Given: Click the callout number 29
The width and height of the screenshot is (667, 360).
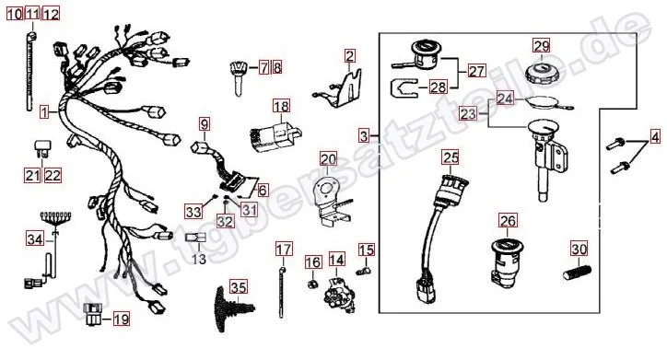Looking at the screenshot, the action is coord(542,45).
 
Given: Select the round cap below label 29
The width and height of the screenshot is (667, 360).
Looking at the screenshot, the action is coord(542,74).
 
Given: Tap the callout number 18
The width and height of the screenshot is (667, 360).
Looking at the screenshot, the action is coord(281,106).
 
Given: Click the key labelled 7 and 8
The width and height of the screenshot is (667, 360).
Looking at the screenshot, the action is coord(238,77).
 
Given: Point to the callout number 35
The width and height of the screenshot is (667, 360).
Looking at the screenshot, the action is coord(239,287).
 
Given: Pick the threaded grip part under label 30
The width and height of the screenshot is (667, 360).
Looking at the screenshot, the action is coord(578,272).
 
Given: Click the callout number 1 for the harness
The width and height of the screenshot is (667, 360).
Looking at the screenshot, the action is coord(44,112).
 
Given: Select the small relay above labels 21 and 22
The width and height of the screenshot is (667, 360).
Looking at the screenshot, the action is coord(41,148).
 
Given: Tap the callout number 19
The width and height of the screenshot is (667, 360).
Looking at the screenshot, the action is coord(122,319).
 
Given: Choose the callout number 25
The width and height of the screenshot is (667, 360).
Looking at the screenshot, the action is coord(451,157).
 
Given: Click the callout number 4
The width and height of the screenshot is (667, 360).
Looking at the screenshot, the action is coord(655,137).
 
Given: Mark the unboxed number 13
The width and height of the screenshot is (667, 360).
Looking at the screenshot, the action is coord(199,259).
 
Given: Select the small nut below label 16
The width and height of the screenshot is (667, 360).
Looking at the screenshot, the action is coord(312,284).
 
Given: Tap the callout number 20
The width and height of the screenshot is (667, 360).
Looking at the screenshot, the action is coord(328,159).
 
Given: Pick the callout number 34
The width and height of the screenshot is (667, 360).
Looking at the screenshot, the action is coord(35,238).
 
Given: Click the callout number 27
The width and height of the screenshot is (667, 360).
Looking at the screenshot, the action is coord(477,71).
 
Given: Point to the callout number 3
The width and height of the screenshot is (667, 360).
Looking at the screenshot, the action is coord(364,136).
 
